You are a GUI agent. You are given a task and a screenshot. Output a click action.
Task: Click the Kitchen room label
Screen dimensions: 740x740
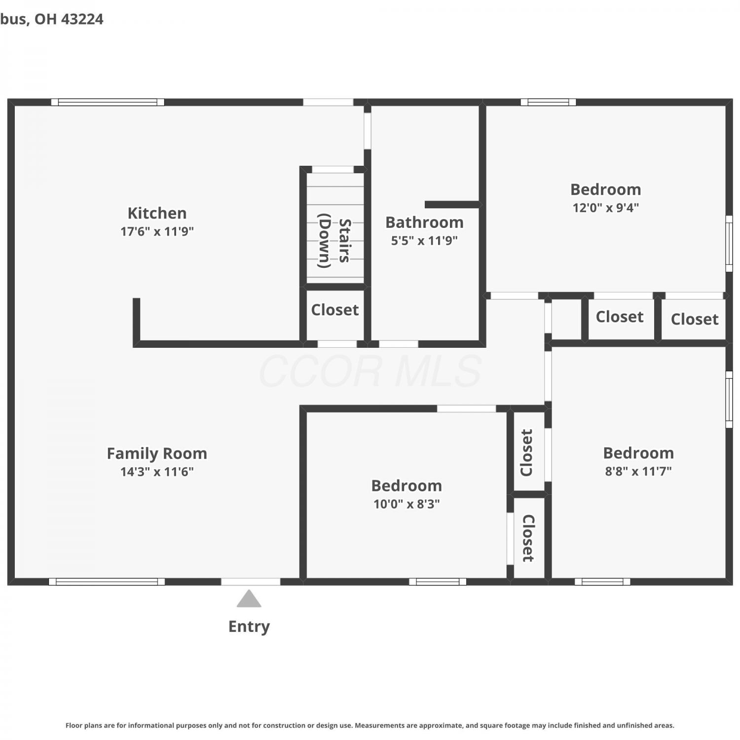[x=157, y=213]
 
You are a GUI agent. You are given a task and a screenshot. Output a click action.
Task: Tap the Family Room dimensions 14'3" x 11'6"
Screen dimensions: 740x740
[x=157, y=472]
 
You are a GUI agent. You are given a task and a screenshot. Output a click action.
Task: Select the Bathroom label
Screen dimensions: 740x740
[x=424, y=222]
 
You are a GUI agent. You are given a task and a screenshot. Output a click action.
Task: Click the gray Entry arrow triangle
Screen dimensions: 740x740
[x=249, y=598]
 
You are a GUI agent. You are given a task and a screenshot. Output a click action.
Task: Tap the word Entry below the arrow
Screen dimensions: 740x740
[x=249, y=627]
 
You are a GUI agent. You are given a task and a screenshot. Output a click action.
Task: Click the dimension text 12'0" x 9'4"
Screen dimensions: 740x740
[x=605, y=208]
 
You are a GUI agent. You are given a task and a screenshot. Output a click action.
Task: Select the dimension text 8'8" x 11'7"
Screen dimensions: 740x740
[x=638, y=471]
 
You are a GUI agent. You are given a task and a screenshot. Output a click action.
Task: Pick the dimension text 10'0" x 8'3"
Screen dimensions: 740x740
[x=407, y=504]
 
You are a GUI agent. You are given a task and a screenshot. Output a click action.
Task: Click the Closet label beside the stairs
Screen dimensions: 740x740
[x=334, y=310]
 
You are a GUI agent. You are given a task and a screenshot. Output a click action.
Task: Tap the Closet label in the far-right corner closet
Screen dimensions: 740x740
[x=694, y=319]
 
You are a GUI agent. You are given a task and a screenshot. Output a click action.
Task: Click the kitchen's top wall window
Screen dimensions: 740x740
[x=108, y=102]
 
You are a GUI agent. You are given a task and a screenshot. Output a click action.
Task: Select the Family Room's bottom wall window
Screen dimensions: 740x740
[x=107, y=582]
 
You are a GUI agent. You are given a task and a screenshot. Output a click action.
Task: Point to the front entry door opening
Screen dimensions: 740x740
[x=251, y=582]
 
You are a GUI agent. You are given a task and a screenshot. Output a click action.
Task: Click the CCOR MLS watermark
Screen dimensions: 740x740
[x=370, y=371]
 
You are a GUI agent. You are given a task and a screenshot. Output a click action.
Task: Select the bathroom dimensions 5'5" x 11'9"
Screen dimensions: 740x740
[x=424, y=241]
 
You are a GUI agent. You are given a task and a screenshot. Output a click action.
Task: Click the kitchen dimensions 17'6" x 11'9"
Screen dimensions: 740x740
[x=157, y=231]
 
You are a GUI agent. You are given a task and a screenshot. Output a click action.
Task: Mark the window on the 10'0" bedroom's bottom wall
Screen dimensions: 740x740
[x=438, y=582]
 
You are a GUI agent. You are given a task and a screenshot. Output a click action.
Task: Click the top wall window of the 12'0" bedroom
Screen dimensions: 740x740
[x=548, y=102]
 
